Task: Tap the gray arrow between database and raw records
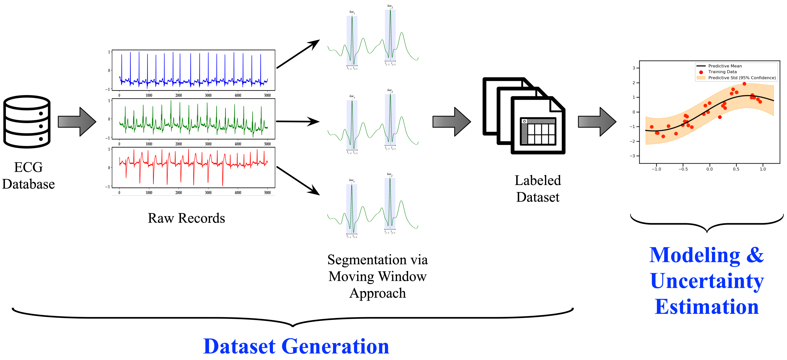click(77, 122)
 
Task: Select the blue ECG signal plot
click(193, 71)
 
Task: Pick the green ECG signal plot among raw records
click(193, 119)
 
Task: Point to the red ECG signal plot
click(193, 168)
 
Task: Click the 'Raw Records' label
click(186, 218)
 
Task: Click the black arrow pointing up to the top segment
click(298, 54)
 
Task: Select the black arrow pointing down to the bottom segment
click(298, 181)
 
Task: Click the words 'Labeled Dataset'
click(538, 189)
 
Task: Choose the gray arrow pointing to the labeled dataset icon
click(452, 122)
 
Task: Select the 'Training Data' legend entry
click(722, 72)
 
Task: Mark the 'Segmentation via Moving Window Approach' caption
click(378, 276)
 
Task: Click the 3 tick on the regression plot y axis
click(634, 68)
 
